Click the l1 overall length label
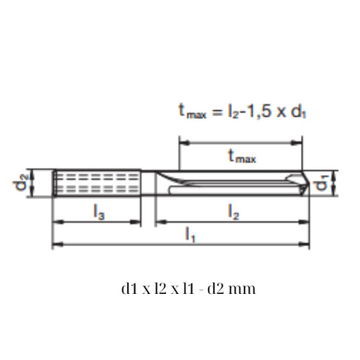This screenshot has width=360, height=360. point(190,235)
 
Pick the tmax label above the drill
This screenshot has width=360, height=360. point(242,156)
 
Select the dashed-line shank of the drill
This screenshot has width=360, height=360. point(96,183)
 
